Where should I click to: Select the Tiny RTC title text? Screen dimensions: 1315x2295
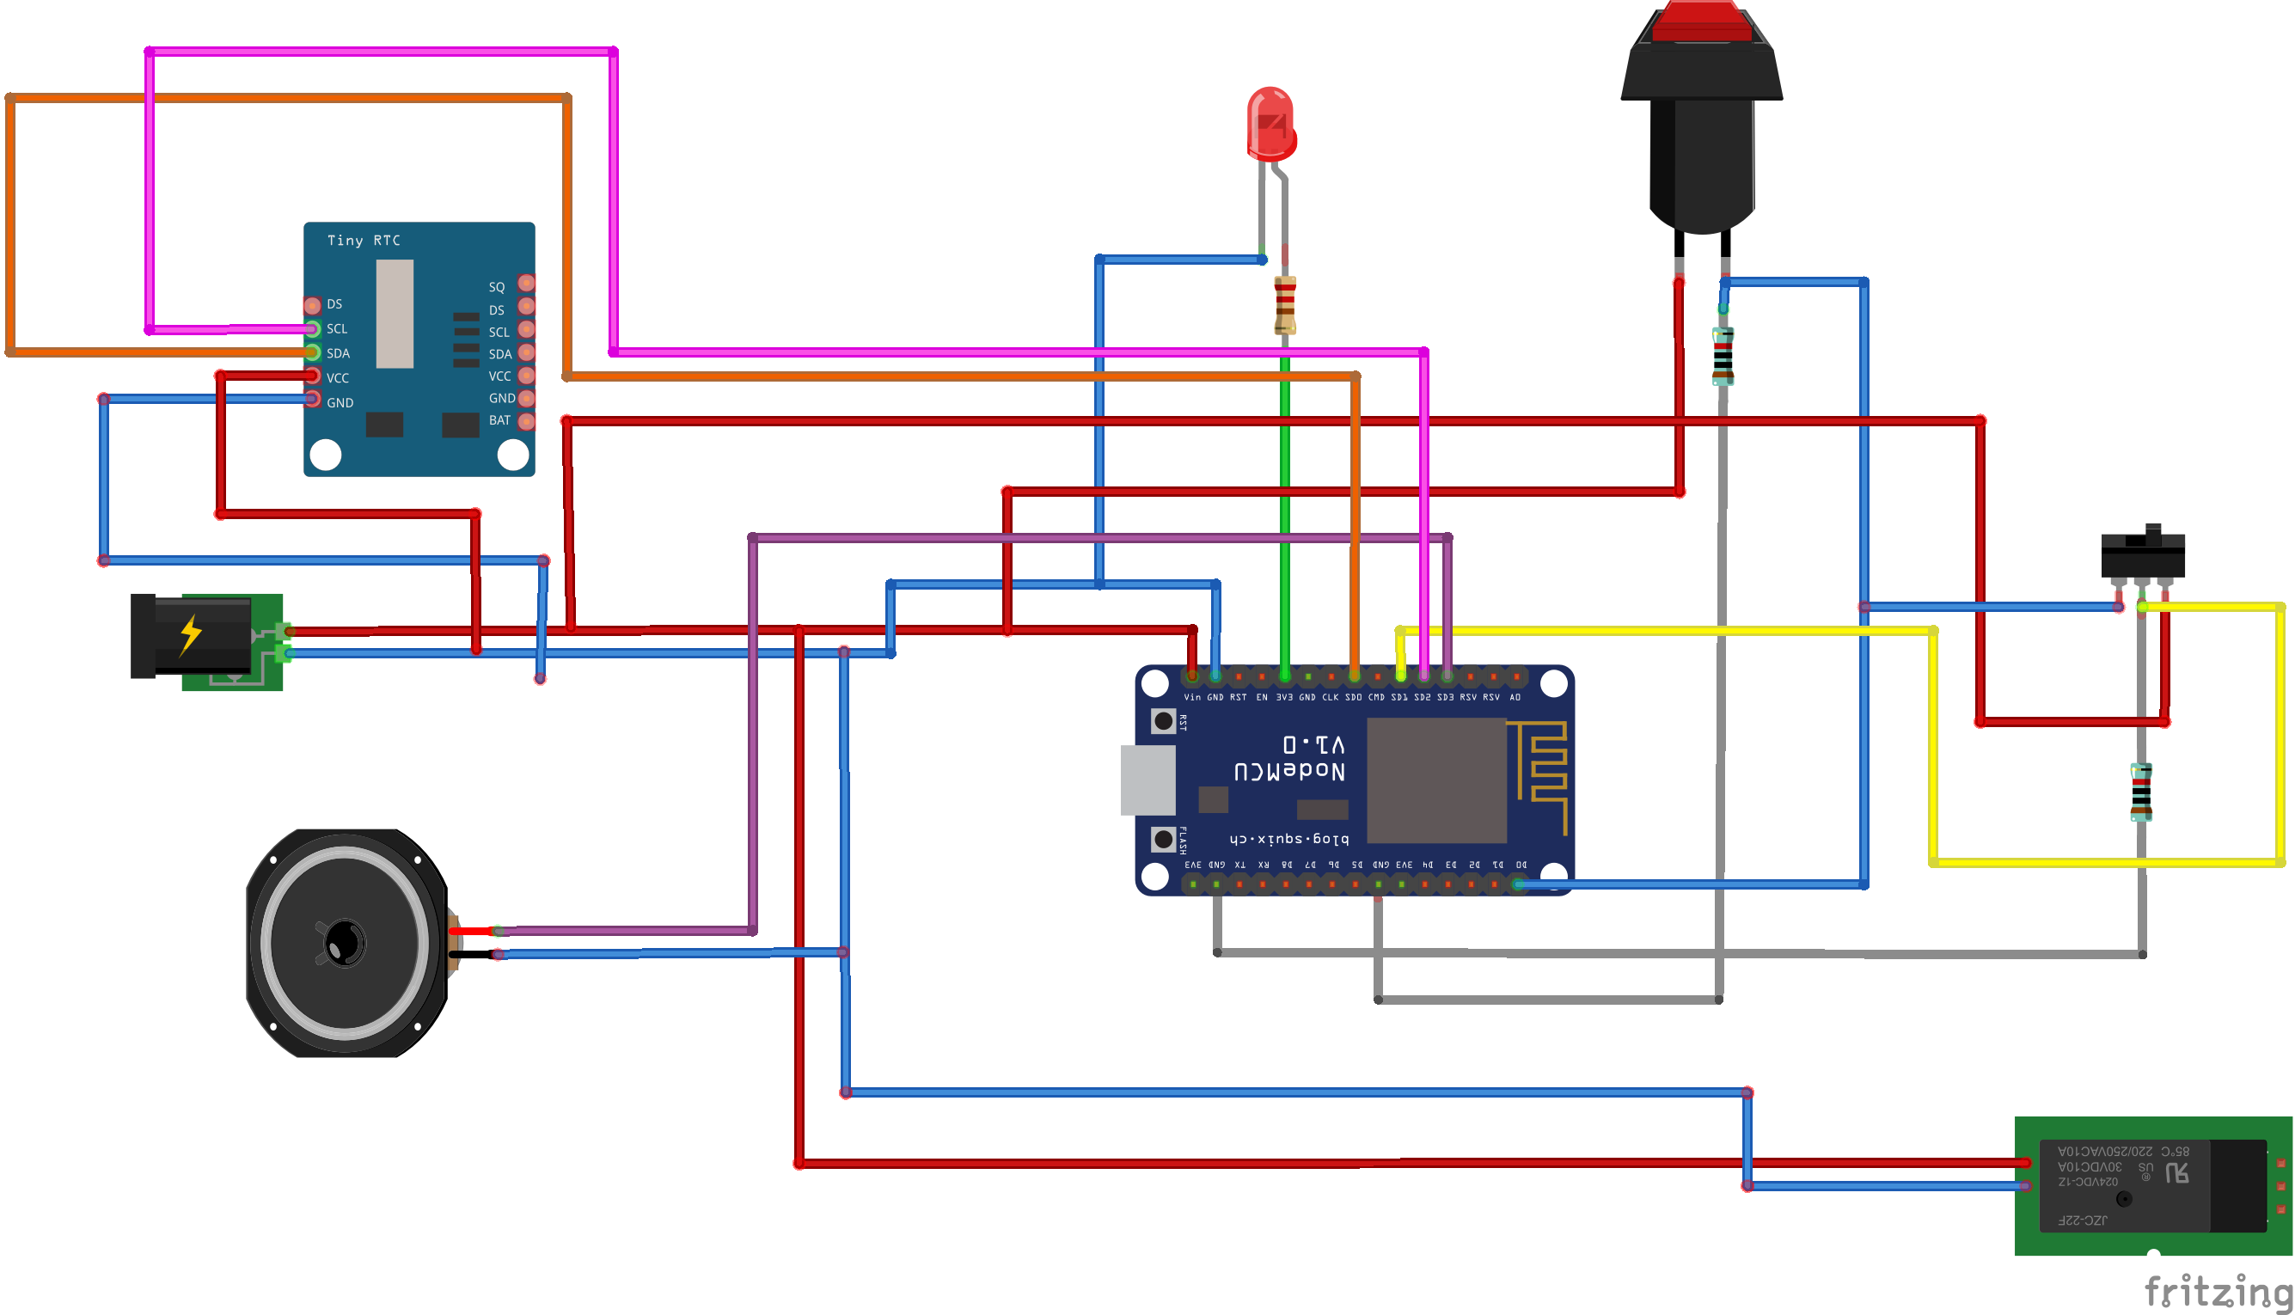[363, 241]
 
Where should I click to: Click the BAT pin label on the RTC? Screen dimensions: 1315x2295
[499, 420]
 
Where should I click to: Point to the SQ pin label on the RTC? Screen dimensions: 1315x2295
[497, 287]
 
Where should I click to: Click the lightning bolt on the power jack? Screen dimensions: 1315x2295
[191, 634]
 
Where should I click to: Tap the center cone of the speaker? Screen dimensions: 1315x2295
[344, 943]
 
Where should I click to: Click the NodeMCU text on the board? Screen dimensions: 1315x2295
[1289, 770]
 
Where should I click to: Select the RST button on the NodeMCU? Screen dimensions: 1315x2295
[1163, 721]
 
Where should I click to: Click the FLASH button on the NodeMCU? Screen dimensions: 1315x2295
[1163, 839]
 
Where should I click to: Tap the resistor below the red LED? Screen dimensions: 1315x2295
[1285, 305]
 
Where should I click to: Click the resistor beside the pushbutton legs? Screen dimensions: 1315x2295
[1723, 357]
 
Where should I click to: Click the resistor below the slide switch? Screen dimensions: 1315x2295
[2141, 792]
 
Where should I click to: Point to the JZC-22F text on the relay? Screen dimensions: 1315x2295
[2082, 1220]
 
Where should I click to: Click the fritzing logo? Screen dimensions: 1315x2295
[2218, 1291]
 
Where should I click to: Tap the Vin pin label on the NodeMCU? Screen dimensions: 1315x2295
[1192, 697]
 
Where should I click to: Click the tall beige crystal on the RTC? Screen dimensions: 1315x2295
[395, 314]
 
